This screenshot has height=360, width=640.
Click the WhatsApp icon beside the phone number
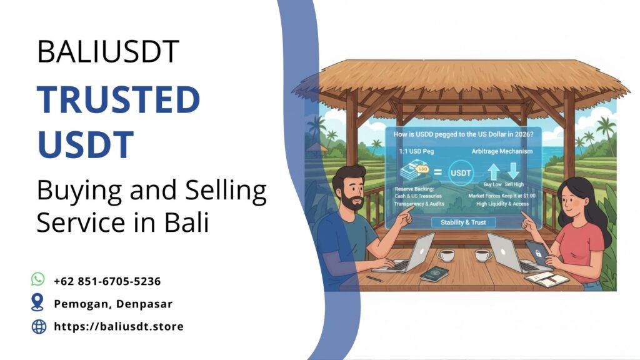38,279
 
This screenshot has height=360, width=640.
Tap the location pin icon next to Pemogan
38,302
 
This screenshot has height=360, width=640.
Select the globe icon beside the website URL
39,326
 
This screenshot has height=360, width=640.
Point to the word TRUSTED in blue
117,100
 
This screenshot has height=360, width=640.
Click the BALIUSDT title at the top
107,52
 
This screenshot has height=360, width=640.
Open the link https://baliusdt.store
119,326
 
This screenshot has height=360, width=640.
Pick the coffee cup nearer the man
446,255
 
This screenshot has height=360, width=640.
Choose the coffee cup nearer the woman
483,255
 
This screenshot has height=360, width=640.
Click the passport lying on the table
435,274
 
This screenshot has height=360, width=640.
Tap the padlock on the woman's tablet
537,250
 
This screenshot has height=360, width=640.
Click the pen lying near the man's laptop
374,278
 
